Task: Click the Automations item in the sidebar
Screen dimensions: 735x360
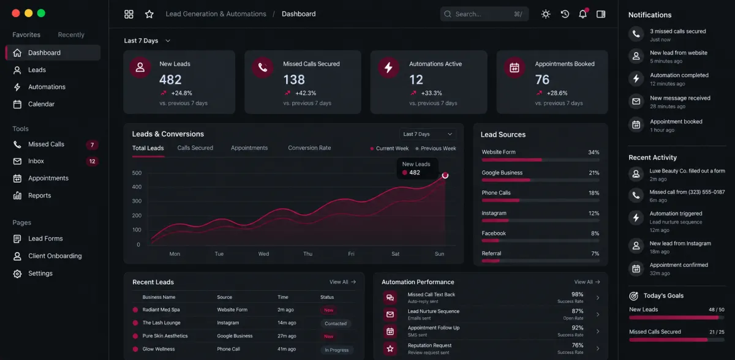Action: (x=47, y=87)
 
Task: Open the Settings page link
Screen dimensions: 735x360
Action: (x=40, y=273)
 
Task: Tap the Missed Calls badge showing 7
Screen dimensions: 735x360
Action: (x=92, y=144)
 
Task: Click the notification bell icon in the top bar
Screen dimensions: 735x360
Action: (x=582, y=13)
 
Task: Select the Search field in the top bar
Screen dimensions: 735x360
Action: (x=484, y=14)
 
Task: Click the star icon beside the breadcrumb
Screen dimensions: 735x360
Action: (x=149, y=14)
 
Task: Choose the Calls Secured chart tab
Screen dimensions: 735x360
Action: (x=195, y=148)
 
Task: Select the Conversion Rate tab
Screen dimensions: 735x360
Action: (x=309, y=148)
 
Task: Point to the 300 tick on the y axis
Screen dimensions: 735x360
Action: (x=137, y=201)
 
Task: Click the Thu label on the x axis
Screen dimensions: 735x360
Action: (x=307, y=253)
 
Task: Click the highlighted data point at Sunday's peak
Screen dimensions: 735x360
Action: (x=445, y=175)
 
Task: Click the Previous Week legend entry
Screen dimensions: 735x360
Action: (x=435, y=149)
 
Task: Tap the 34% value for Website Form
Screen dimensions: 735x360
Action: (x=594, y=152)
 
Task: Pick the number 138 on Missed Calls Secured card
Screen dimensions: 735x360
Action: (x=294, y=80)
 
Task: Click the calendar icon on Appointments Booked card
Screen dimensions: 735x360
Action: (x=514, y=67)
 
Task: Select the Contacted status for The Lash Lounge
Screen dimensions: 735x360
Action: (x=336, y=323)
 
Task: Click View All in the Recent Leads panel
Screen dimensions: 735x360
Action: (x=342, y=282)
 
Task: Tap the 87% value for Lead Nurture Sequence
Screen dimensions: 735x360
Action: (x=577, y=311)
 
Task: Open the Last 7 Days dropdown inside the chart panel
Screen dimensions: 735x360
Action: (x=428, y=134)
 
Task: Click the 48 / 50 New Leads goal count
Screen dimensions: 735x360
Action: (x=716, y=310)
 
